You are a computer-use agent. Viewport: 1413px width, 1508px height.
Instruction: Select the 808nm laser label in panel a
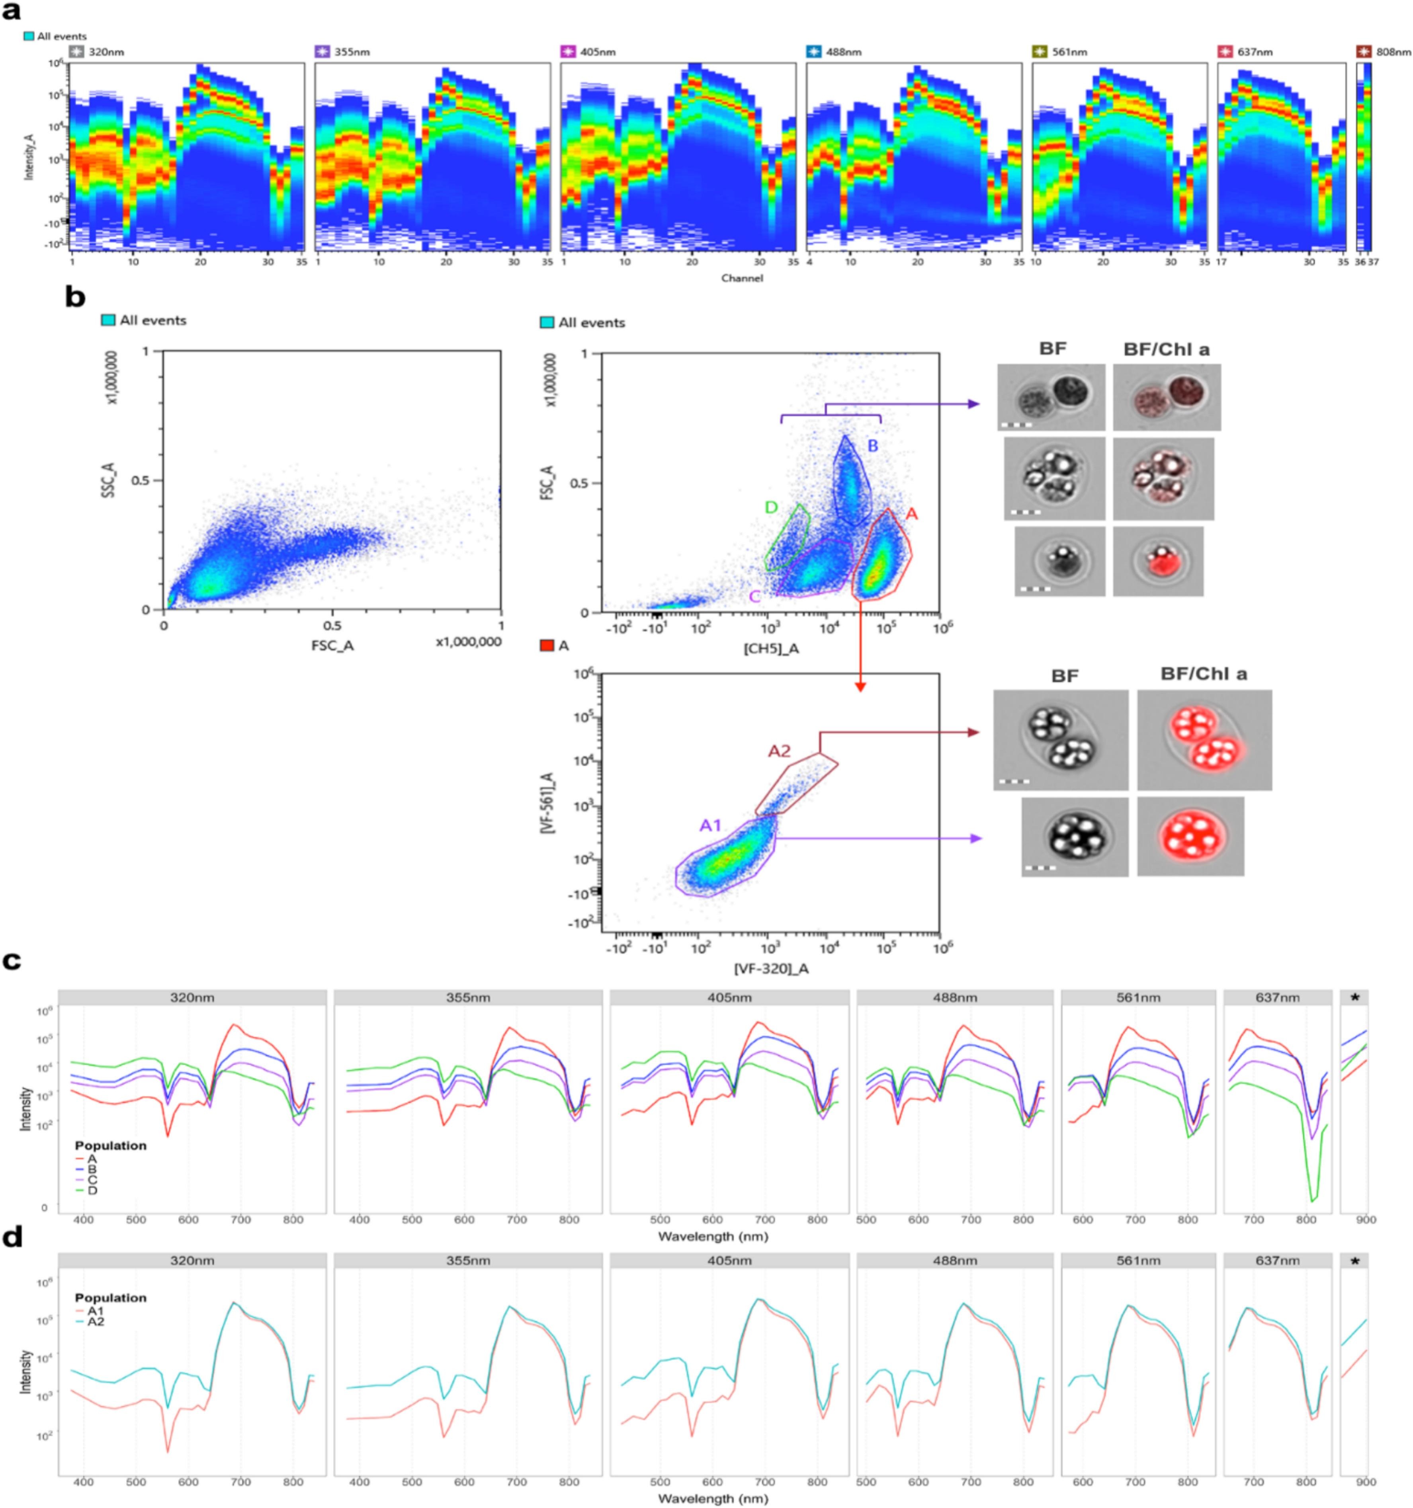[1393, 53]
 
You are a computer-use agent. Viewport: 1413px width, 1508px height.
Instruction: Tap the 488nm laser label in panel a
[844, 53]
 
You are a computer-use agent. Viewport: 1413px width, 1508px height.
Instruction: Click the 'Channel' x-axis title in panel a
[741, 278]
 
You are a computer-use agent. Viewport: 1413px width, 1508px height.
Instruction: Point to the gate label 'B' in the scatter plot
[873, 446]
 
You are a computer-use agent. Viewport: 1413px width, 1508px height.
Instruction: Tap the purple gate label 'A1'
[710, 825]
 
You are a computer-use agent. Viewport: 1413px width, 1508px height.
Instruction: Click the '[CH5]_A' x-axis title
[772, 649]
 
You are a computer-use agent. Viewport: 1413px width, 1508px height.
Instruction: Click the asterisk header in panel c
[1354, 997]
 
